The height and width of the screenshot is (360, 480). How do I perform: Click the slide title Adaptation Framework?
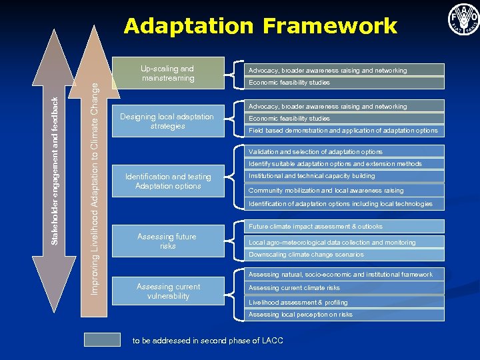pos(260,26)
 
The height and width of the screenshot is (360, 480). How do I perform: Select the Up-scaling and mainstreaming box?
pos(167,73)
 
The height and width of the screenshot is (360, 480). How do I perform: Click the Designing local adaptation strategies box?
pos(167,121)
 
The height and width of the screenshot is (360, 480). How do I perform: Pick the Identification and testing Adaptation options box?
pos(167,181)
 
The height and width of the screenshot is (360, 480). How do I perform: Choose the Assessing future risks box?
pos(167,241)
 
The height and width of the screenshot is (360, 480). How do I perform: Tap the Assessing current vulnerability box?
pos(167,291)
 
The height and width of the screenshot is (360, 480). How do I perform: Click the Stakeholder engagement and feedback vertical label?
pos(55,170)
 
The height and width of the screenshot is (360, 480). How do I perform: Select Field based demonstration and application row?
pos(343,131)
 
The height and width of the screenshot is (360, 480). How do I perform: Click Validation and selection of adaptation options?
pos(343,152)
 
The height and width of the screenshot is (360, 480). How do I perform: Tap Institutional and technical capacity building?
pos(343,176)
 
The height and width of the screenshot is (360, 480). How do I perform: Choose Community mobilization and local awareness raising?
pos(343,191)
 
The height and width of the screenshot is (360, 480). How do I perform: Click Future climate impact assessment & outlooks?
pos(343,227)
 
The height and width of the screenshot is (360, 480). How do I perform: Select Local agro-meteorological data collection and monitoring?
pos(343,243)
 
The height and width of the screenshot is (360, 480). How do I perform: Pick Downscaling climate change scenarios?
pos(343,255)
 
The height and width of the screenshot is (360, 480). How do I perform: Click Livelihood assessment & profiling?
pos(343,303)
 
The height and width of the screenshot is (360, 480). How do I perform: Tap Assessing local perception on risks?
pos(343,315)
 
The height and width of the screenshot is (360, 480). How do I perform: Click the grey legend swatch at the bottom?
pos(102,340)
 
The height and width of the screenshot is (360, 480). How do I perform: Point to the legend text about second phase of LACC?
pos(207,341)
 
